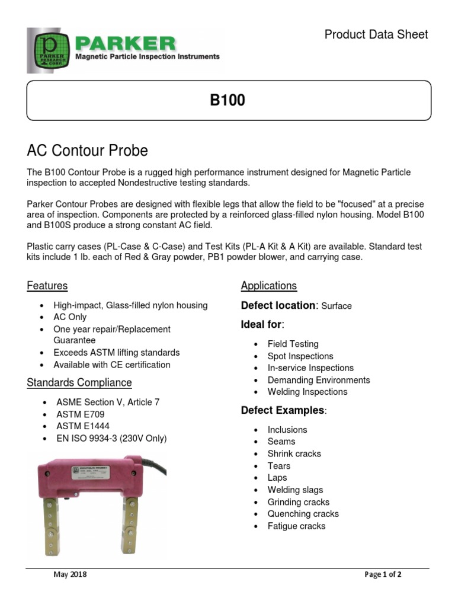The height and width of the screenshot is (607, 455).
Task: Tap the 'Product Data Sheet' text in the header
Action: click(x=376, y=35)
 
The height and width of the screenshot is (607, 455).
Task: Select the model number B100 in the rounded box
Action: click(x=227, y=101)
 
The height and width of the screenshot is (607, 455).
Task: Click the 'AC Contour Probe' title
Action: click(x=87, y=151)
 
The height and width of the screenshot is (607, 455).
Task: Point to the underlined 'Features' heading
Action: click(x=47, y=286)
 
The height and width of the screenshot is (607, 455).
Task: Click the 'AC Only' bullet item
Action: click(x=70, y=317)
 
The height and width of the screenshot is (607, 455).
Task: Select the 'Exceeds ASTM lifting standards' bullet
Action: click(x=116, y=353)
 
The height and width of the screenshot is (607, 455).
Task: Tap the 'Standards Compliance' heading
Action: click(x=79, y=383)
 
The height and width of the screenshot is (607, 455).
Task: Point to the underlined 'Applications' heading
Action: click(x=268, y=286)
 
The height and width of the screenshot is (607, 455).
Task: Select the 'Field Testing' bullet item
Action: click(x=293, y=344)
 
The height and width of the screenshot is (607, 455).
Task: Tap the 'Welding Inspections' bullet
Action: click(x=307, y=392)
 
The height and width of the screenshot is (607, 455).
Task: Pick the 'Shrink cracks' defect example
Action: click(x=294, y=453)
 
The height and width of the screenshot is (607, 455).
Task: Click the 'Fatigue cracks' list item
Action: click(x=296, y=526)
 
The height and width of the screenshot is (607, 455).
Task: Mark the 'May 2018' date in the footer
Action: click(x=70, y=574)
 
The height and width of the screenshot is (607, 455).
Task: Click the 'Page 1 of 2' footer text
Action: click(x=383, y=574)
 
